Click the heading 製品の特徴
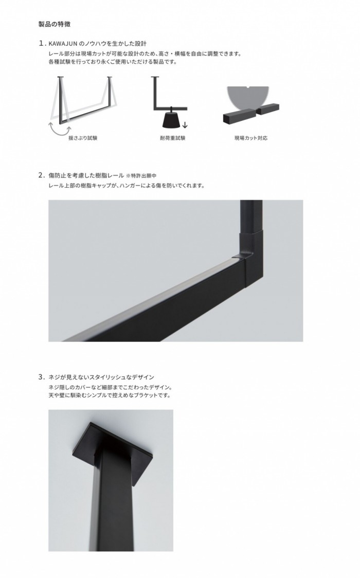[55, 24]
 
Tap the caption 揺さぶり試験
[83, 138]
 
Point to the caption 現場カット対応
[251, 138]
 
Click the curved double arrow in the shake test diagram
[58, 127]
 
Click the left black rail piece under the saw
[238, 117]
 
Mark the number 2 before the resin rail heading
[41, 175]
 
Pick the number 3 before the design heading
[41, 377]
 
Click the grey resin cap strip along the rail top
[154, 294]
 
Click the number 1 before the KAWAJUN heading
[41, 44]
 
